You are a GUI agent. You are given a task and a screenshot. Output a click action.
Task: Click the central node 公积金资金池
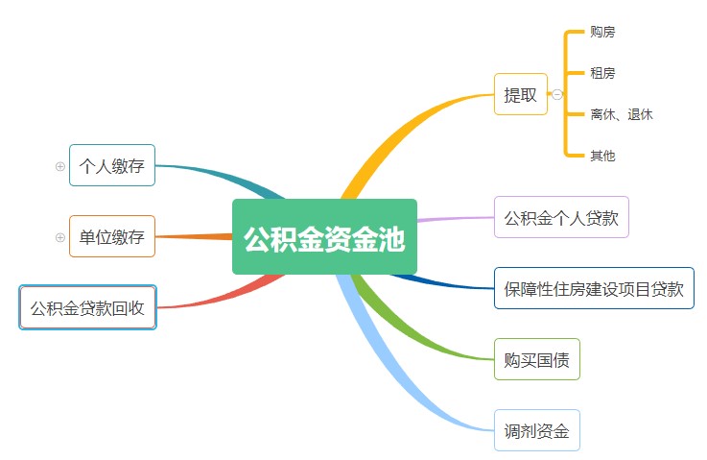324,237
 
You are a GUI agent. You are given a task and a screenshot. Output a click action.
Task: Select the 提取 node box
521,94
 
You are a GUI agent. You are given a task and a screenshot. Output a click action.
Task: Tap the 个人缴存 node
112,165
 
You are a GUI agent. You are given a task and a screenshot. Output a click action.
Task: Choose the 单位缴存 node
112,236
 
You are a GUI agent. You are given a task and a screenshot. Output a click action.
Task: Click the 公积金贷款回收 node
87,307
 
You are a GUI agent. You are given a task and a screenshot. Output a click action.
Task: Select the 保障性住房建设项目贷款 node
594,288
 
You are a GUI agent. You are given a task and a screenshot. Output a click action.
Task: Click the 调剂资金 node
536,429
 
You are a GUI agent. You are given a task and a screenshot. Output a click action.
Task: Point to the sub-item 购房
602,32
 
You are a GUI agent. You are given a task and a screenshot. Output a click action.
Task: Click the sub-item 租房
602,73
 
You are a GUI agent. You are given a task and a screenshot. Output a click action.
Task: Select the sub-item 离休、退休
622,114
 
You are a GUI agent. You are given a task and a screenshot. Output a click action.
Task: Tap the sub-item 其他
602,156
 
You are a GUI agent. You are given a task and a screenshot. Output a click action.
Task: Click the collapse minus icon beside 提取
557,94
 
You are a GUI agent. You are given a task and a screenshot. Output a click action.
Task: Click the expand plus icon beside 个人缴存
60,166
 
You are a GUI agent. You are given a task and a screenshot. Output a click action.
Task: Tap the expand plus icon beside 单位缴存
60,237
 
